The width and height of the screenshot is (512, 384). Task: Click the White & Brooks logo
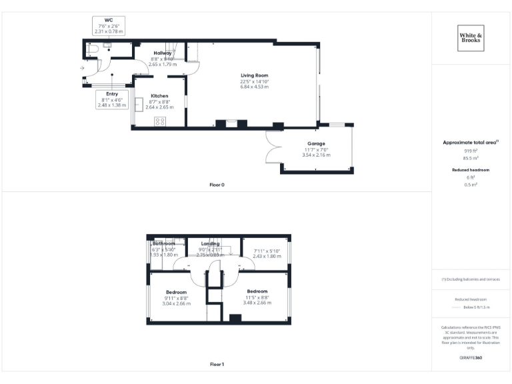click(x=471, y=37)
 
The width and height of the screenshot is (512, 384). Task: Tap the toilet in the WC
click(x=92, y=49)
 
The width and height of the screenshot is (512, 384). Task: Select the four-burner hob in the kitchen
click(x=160, y=121)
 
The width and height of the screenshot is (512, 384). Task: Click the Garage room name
click(x=316, y=143)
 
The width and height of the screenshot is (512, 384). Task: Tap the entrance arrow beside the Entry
click(x=82, y=68)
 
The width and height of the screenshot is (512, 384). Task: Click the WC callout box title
click(x=108, y=20)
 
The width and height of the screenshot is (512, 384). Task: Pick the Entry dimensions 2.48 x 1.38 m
click(x=111, y=105)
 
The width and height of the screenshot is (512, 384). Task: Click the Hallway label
click(x=163, y=53)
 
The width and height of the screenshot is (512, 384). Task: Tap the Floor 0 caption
click(x=217, y=184)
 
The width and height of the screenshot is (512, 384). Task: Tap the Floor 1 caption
click(x=217, y=364)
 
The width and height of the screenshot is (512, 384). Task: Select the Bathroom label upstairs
click(x=164, y=243)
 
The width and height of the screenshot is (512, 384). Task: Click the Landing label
click(x=210, y=243)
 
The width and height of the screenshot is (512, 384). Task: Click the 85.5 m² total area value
click(x=471, y=158)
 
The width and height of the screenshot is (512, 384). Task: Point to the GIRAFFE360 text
click(x=471, y=358)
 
